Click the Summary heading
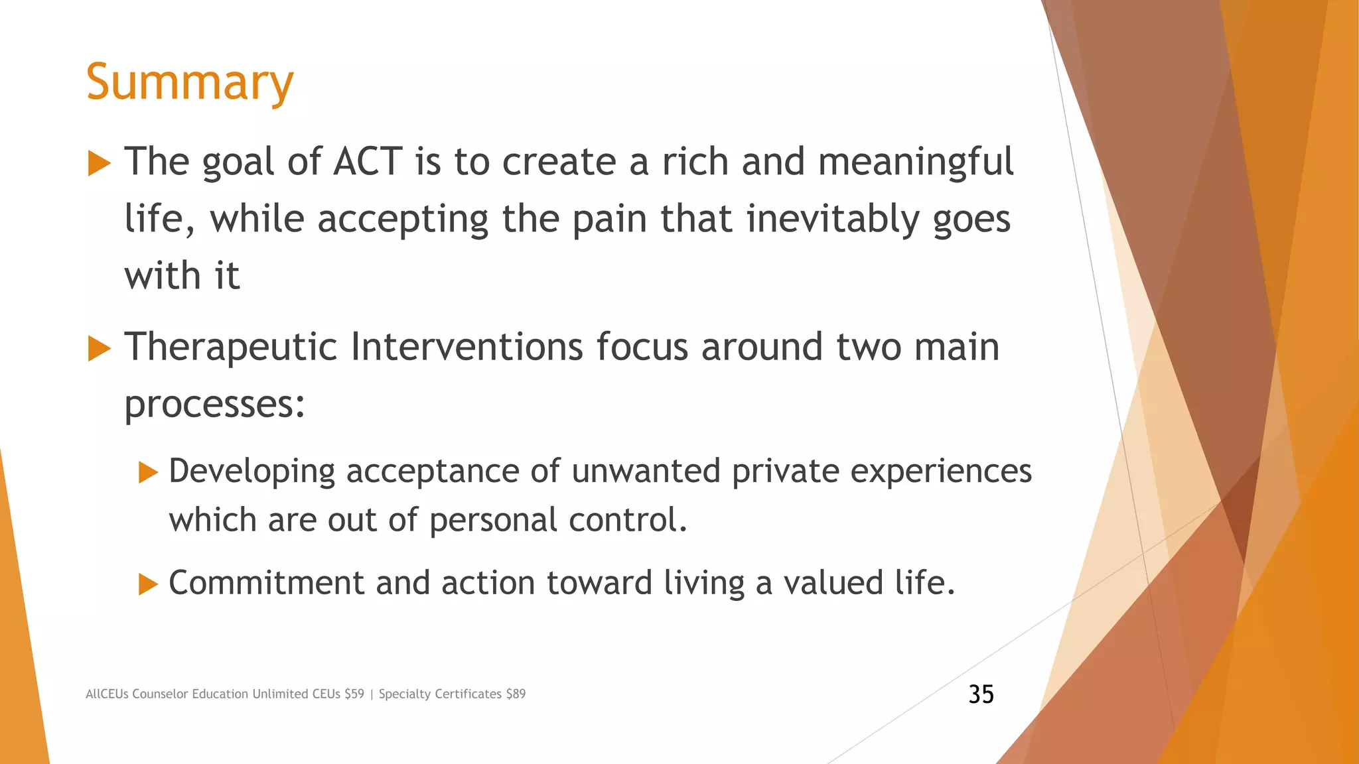coord(190,82)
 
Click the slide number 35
coord(981,694)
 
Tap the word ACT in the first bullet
coord(368,161)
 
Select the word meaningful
coord(916,162)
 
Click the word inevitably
coord(833,219)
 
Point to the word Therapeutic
coord(231,347)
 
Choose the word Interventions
coord(466,346)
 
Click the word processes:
coord(214,404)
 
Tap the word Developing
coord(251,472)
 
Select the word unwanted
coord(645,471)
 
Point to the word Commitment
coord(266,583)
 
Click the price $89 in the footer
coord(516,694)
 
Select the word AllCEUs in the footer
coord(107,694)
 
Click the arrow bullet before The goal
coord(99,163)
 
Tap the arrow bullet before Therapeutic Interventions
coord(99,348)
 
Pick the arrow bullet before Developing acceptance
coord(148,473)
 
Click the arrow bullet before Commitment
coord(148,584)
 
